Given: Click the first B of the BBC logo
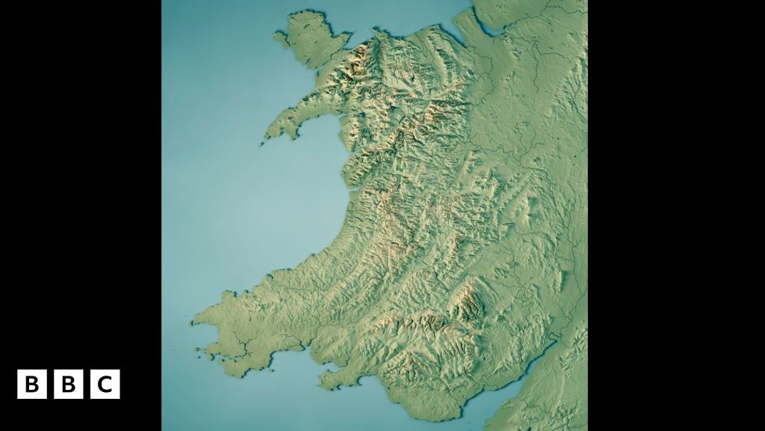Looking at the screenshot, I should pyautogui.click(x=31, y=385).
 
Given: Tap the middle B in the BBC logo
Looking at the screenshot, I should pyautogui.click(x=68, y=385).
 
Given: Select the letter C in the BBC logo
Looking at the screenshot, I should pyautogui.click(x=105, y=385).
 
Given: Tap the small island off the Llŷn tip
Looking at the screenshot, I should pyautogui.click(x=262, y=144).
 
